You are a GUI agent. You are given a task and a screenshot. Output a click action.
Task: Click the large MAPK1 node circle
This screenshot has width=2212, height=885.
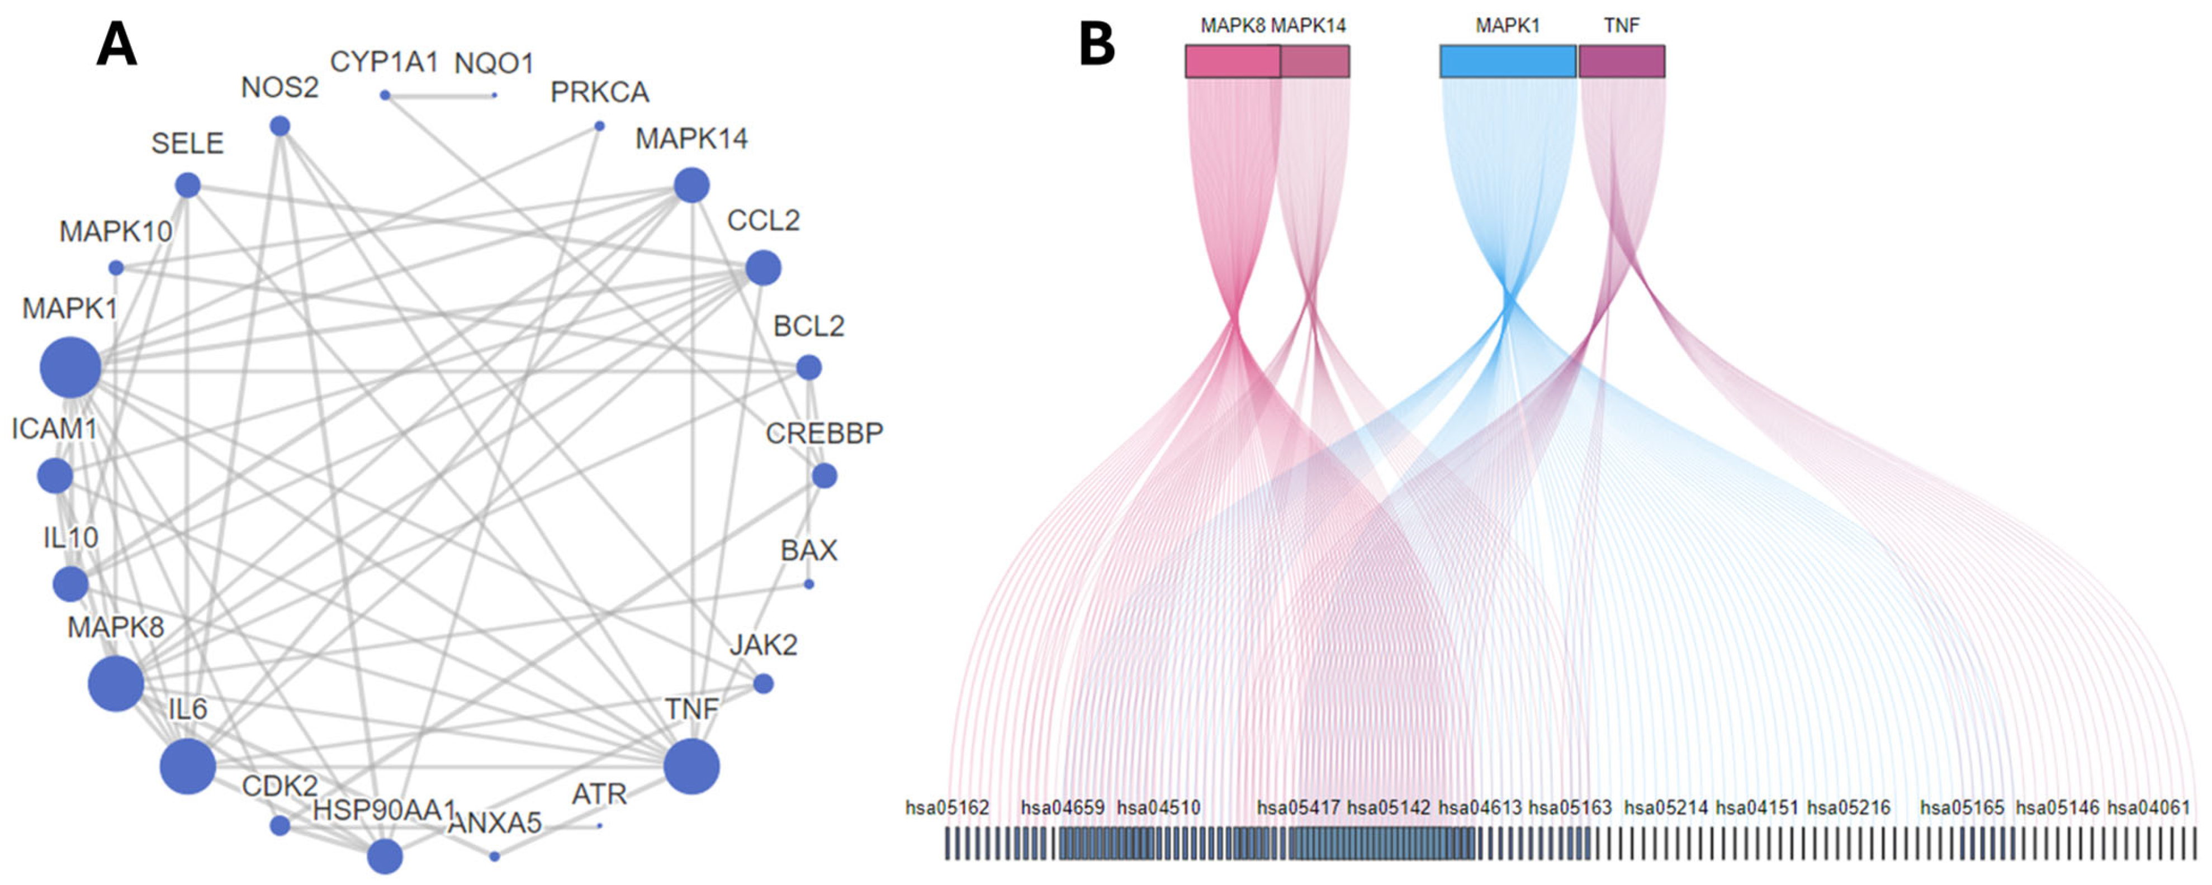[x=70, y=368]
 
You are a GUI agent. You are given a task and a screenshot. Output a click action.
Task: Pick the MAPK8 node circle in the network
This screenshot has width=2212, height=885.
[x=116, y=683]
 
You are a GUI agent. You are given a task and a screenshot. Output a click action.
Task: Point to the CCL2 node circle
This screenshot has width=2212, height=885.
[x=762, y=268]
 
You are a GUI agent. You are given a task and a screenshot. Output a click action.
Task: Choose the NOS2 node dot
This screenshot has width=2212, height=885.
[x=280, y=126]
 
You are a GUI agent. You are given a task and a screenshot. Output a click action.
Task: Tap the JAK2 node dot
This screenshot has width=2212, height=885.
[x=762, y=683]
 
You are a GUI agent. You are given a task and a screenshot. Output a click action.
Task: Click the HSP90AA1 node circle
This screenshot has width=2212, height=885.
[x=385, y=856]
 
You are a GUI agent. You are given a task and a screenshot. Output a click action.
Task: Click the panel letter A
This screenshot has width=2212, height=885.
[x=117, y=45]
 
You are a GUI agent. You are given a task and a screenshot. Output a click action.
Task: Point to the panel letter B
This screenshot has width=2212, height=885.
[x=1097, y=45]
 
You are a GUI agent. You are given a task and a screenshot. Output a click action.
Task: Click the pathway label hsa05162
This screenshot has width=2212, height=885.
[x=947, y=808]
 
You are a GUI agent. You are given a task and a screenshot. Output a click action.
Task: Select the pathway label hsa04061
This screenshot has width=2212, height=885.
[x=2148, y=808]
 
